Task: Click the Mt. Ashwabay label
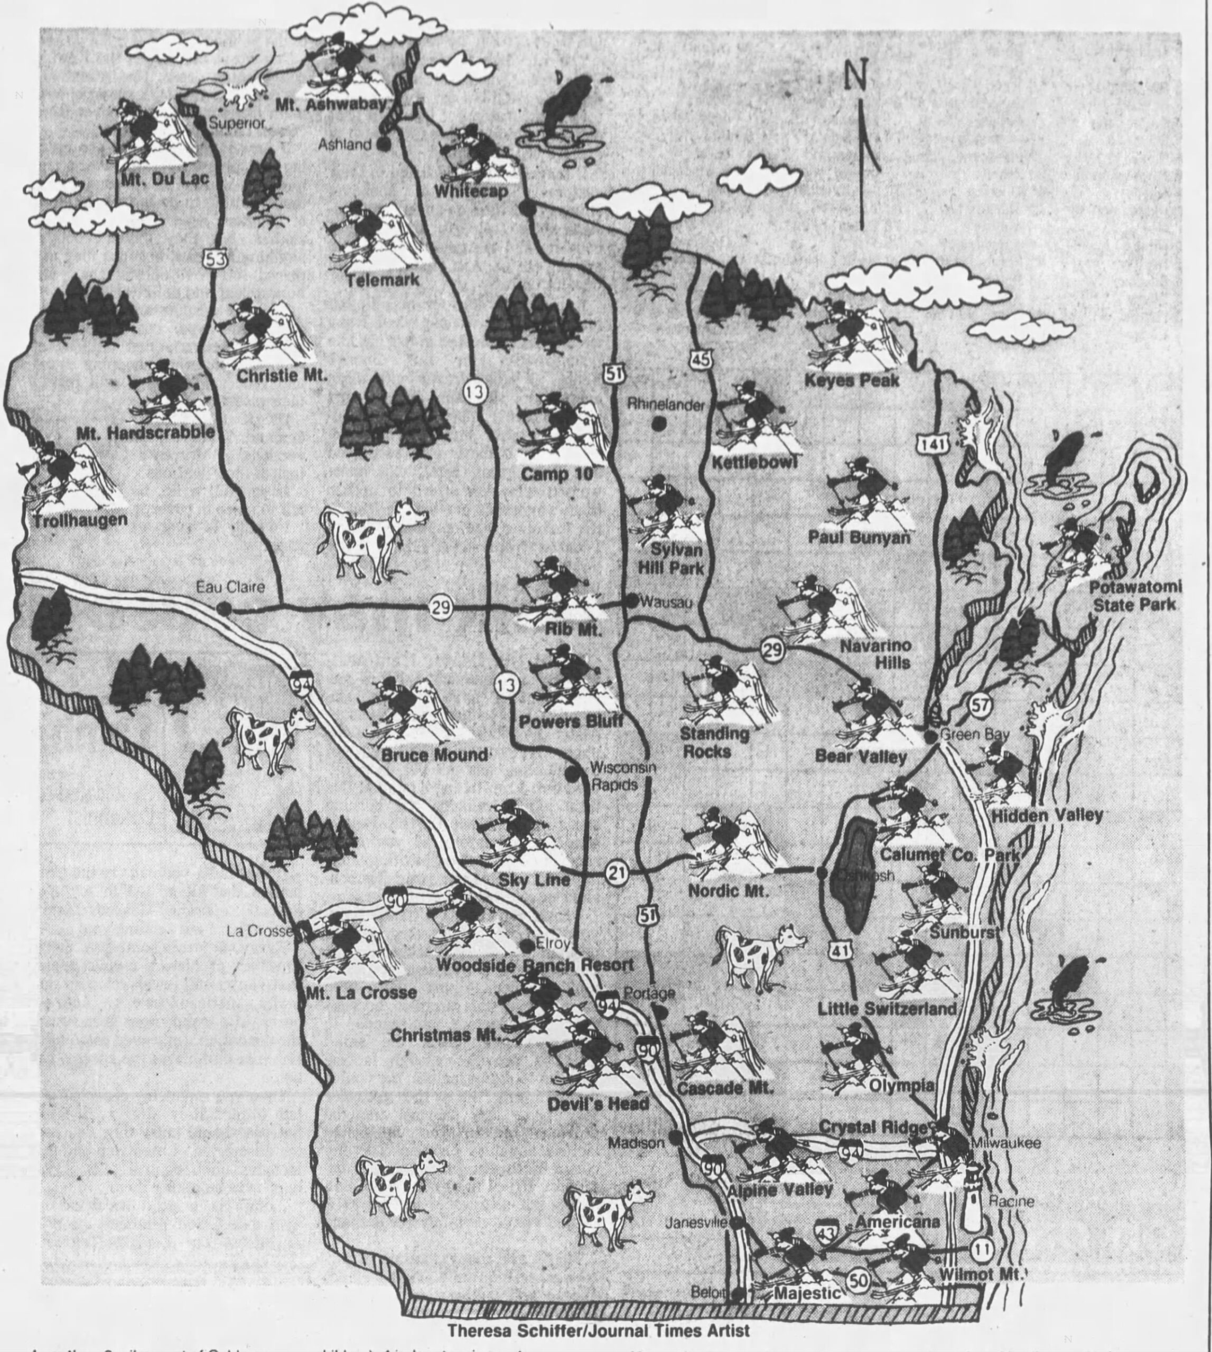tap(331, 105)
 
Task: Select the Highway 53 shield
tap(215, 258)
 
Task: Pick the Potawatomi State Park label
tap(1134, 596)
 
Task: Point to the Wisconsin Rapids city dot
tap(571, 774)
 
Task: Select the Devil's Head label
tap(598, 1104)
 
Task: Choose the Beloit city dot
tap(736, 1295)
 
